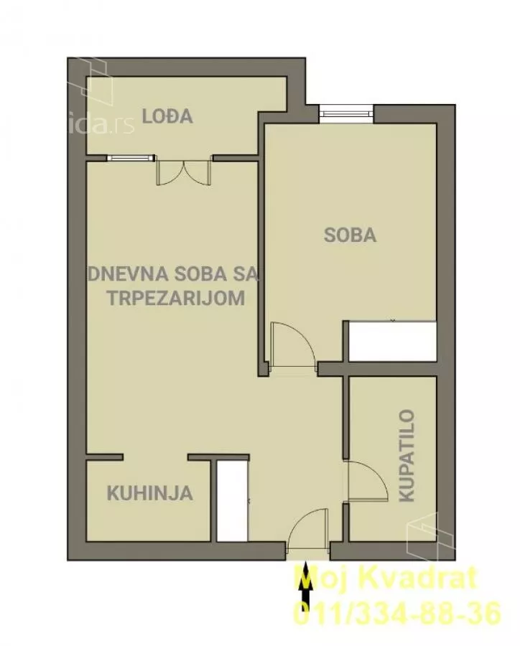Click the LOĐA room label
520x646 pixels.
pyautogui.click(x=167, y=116)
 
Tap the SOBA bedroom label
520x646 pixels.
pyautogui.click(x=350, y=235)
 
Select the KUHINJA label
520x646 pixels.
pyautogui.click(x=149, y=493)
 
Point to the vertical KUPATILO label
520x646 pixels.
pyautogui.click(x=407, y=455)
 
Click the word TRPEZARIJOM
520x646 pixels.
pyautogui.click(x=176, y=298)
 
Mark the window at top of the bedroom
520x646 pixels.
pyautogui.click(x=346, y=112)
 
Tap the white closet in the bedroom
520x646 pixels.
pyautogui.click(x=391, y=341)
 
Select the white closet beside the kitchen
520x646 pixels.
pyautogui.click(x=232, y=501)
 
